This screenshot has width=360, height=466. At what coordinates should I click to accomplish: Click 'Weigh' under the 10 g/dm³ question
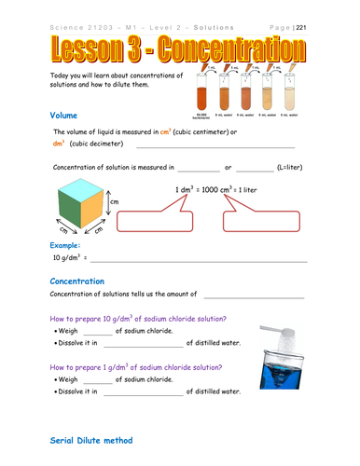click(67, 331)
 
